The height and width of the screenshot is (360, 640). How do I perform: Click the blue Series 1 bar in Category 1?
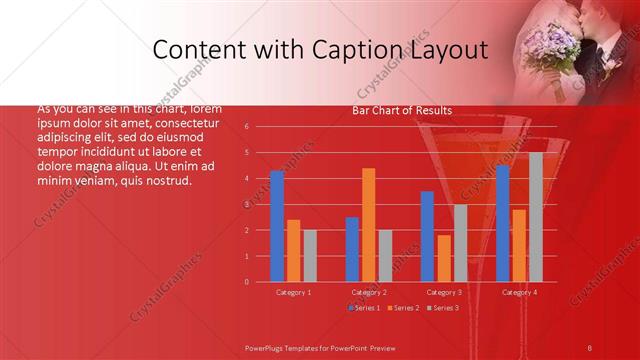[x=277, y=226]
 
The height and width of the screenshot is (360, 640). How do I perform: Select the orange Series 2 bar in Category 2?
[x=369, y=225]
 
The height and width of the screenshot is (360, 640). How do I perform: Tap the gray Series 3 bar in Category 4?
[x=536, y=217]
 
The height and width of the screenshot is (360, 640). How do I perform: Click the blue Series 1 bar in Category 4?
[x=503, y=223]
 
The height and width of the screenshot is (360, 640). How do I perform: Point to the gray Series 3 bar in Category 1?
[x=310, y=256]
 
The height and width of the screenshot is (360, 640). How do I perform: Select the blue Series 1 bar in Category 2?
[x=352, y=249]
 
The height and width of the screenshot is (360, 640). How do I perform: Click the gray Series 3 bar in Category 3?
[x=461, y=243]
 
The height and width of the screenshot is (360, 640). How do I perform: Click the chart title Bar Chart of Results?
[x=402, y=110]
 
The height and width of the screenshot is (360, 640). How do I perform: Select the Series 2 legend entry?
[x=404, y=307]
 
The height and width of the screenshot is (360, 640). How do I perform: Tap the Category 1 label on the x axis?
[x=294, y=292]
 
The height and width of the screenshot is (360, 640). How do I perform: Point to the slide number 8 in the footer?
[x=590, y=347]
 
